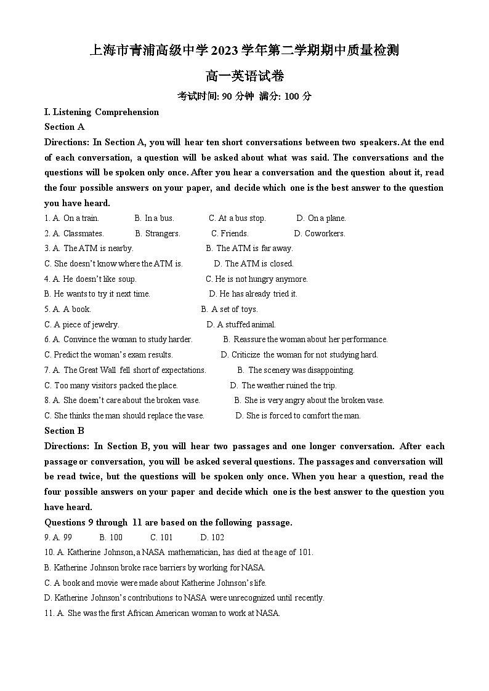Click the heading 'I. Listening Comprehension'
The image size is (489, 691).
(x=102, y=112)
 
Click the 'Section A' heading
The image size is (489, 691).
(x=64, y=127)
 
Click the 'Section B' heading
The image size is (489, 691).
(x=64, y=431)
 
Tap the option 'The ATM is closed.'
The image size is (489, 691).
(x=259, y=264)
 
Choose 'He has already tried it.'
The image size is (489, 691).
(x=258, y=294)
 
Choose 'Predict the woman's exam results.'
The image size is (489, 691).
(x=113, y=355)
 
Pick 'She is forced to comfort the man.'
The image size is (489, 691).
(x=303, y=416)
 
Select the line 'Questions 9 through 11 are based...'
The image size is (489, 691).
(x=168, y=522)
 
